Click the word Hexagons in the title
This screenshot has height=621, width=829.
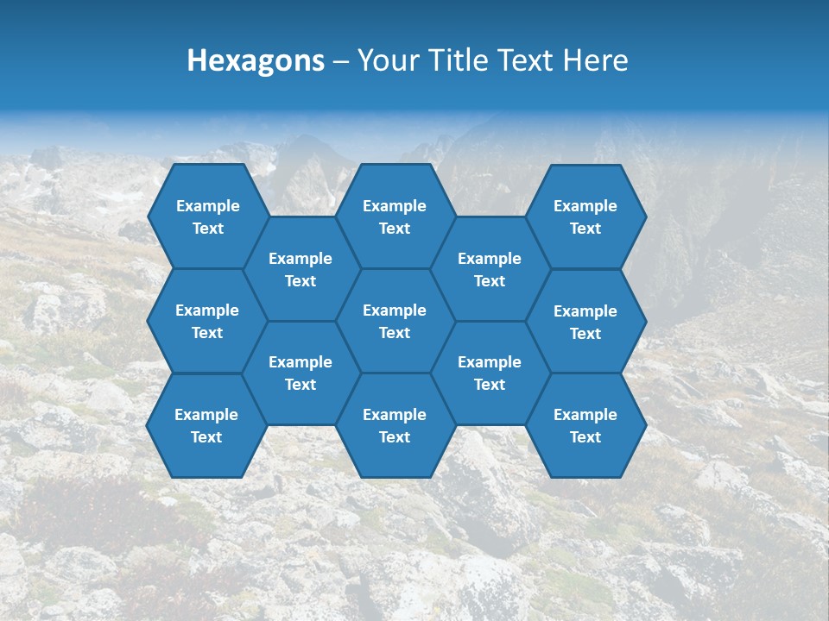(x=256, y=60)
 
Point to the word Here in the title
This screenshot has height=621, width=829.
(x=595, y=60)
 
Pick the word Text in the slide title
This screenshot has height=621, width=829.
(x=528, y=60)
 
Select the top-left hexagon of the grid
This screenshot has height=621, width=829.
(x=207, y=216)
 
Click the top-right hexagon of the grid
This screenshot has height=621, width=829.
(x=585, y=216)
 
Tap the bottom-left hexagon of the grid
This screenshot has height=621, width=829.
(x=206, y=425)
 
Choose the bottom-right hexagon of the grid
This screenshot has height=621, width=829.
(x=585, y=425)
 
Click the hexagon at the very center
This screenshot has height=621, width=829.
(x=395, y=321)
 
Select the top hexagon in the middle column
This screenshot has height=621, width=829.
(x=395, y=216)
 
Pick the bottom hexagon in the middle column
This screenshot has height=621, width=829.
(x=395, y=425)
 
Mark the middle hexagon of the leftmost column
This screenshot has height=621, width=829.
(x=207, y=321)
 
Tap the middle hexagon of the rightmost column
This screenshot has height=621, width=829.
(x=585, y=322)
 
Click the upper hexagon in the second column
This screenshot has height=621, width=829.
(x=301, y=269)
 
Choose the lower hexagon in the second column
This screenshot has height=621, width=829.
(x=301, y=373)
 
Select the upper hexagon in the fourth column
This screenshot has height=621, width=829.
(x=490, y=269)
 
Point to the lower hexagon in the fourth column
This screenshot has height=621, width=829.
(x=490, y=373)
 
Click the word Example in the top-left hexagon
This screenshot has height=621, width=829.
(x=207, y=206)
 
